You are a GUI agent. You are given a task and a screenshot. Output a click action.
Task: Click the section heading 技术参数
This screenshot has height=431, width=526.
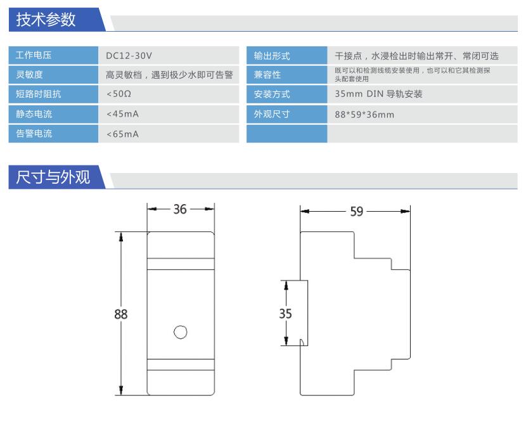pos(46,20)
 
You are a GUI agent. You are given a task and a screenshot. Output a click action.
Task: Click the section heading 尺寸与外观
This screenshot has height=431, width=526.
pos(53,177)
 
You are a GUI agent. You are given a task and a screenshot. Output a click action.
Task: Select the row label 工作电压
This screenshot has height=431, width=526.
pos(34,55)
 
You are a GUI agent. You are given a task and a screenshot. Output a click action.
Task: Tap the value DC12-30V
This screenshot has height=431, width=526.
pos(129,56)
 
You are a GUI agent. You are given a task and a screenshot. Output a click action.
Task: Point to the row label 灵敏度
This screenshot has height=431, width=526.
pos(29,74)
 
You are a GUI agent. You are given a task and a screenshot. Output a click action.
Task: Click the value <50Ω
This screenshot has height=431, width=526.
pos(119,94)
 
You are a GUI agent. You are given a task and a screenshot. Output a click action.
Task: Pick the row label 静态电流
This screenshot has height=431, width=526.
pos(34,114)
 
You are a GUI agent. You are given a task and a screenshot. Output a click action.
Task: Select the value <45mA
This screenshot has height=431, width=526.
pos(122,114)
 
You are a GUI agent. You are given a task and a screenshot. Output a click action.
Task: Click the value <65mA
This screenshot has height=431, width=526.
pos(122,134)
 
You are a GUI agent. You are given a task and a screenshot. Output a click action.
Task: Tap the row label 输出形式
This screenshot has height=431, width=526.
pos(272,56)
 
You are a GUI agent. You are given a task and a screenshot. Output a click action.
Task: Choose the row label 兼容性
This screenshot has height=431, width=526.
pos(267,74)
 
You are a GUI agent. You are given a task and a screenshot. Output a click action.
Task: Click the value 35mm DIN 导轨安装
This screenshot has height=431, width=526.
pos(378,94)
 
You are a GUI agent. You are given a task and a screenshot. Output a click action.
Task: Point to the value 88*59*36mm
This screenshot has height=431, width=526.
pos(364,115)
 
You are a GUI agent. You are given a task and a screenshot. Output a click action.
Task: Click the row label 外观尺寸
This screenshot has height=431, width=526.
pos(272,114)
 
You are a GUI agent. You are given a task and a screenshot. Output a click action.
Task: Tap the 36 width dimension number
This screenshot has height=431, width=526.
pos(180,209)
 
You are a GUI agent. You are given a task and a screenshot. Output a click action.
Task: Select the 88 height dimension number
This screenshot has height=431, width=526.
pos(121,314)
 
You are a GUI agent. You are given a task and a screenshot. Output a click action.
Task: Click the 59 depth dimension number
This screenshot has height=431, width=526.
pos(357,212)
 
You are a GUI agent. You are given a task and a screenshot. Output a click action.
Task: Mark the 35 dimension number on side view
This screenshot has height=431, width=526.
pos(285,314)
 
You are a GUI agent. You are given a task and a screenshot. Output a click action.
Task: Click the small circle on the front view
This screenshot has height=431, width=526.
pos(181,332)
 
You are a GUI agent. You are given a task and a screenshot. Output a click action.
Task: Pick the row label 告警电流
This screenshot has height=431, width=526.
pos(34,134)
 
